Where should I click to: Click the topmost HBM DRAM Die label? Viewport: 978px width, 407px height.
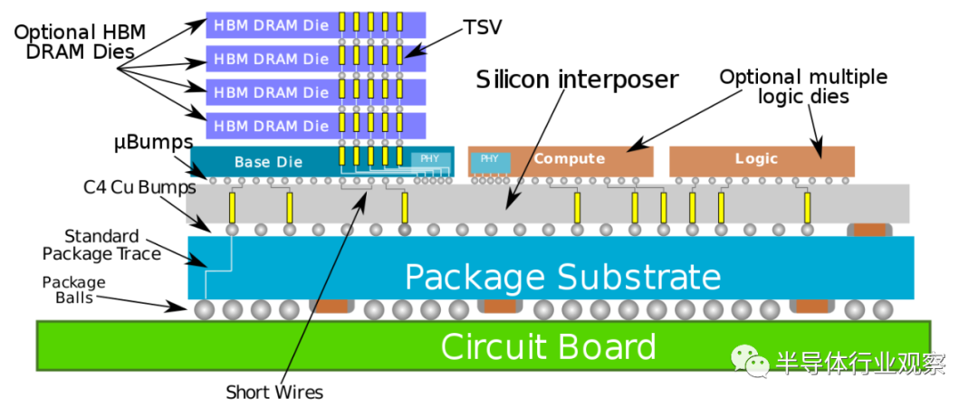pyautogui.click(x=271, y=25)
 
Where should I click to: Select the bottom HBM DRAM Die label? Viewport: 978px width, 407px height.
pyautogui.click(x=271, y=126)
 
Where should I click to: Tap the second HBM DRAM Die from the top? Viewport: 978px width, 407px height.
pyautogui.click(x=271, y=59)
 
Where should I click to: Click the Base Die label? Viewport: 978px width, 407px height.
pyautogui.click(x=268, y=162)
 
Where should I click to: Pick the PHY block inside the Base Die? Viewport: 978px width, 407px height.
pyautogui.click(x=430, y=160)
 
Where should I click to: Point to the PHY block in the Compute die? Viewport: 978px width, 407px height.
pyautogui.click(x=489, y=160)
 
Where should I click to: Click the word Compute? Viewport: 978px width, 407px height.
pyautogui.click(x=569, y=159)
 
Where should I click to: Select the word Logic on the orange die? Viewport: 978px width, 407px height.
pyautogui.click(x=756, y=159)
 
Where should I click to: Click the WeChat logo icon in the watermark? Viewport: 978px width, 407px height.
pyautogui.click(x=750, y=362)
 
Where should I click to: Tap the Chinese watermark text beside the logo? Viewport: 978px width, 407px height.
pyautogui.click(x=859, y=363)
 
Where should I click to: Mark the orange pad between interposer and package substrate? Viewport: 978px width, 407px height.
pyautogui.click(x=869, y=230)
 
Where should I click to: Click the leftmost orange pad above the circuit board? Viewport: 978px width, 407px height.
pyautogui.click(x=330, y=308)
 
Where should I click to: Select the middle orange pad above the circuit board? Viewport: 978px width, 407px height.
pyautogui.click(x=499, y=308)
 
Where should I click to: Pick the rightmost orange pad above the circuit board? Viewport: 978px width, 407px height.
pyautogui.click(x=811, y=308)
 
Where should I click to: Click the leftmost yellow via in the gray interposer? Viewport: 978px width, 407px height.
pyautogui.click(x=232, y=207)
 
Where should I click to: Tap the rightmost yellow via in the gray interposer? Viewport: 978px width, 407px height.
pyautogui.click(x=807, y=207)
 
